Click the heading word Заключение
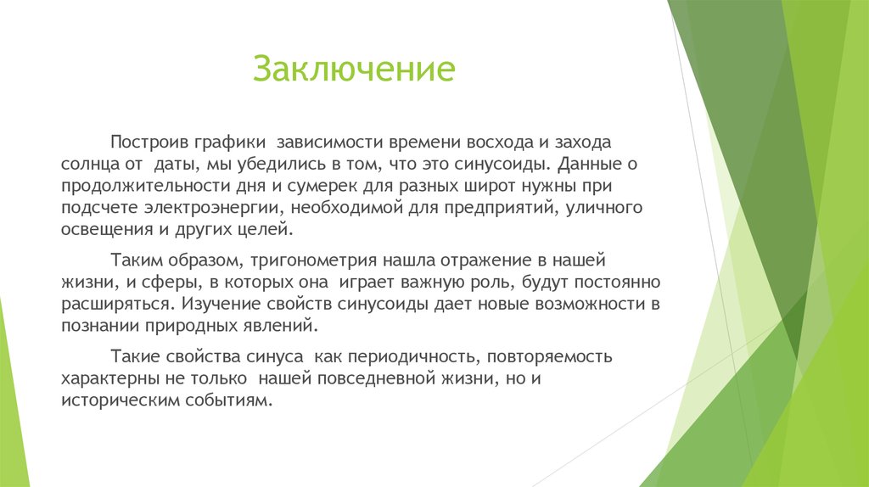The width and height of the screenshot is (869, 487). [x=354, y=70]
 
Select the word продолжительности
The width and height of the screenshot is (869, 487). [x=139, y=184]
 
